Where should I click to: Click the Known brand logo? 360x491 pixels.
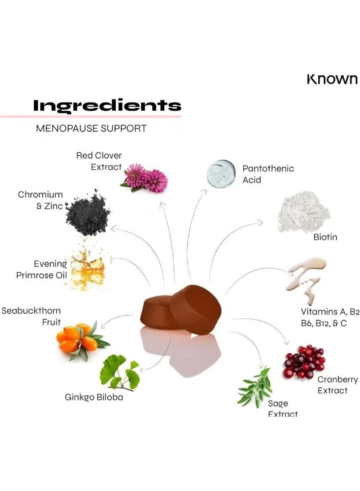(x=332, y=79)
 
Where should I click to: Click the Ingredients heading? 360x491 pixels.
(x=107, y=106)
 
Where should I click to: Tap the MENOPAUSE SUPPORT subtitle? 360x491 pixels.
(x=91, y=128)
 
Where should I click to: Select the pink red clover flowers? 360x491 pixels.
(x=144, y=178)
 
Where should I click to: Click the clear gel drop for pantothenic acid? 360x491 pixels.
(x=221, y=174)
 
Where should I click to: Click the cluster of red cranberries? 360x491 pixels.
(x=304, y=361)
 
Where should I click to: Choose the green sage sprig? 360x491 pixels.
(x=255, y=386)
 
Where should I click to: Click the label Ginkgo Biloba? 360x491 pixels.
(x=94, y=397)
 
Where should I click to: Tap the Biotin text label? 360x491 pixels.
(x=325, y=237)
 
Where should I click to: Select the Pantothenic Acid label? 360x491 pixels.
(x=268, y=174)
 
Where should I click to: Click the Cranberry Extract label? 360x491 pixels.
(x=338, y=385)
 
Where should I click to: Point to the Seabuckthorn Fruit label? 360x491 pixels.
(x=31, y=316)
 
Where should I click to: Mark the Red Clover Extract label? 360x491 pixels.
(x=99, y=161)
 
